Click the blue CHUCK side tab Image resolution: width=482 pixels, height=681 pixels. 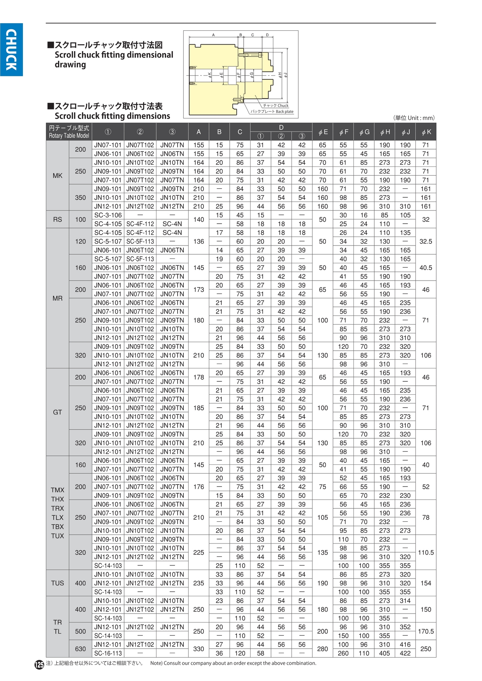tap(11, 50)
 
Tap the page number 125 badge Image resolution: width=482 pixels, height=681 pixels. tap(39, 664)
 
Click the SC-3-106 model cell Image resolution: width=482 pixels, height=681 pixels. tap(108, 215)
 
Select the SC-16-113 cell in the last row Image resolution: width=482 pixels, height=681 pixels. tap(108, 653)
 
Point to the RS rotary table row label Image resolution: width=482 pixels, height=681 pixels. tap(57, 220)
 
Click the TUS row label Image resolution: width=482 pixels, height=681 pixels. tap(57, 583)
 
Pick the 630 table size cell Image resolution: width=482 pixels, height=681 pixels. tap(80, 649)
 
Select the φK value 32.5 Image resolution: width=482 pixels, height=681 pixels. tap(426, 241)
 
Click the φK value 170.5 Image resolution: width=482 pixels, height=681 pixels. tap(426, 631)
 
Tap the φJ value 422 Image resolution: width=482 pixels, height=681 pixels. tap(405, 653)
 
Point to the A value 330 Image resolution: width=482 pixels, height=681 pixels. tap(198, 649)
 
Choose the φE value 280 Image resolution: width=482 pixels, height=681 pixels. tap(322, 649)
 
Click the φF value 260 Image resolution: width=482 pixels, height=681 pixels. tap(343, 653)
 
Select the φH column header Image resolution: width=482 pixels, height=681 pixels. tap(385, 132)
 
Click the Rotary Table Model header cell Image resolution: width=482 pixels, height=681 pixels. tap(69, 132)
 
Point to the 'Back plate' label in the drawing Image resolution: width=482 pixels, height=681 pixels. tap(284, 112)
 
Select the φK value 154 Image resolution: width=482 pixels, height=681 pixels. tap(426, 583)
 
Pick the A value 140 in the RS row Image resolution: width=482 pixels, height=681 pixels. tap(198, 220)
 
